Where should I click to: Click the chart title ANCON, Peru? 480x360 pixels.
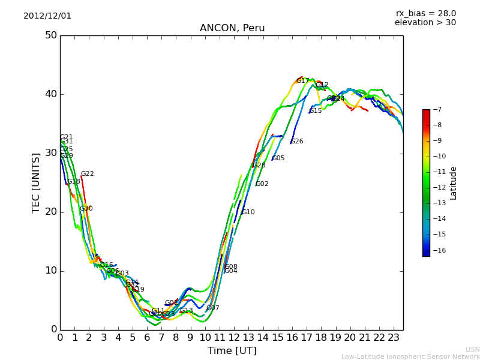point(232,28)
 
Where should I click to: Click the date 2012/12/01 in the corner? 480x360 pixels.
point(47,16)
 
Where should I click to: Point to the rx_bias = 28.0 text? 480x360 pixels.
point(425,13)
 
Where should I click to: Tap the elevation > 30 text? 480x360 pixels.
point(425,23)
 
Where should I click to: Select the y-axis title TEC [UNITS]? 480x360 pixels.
point(36,182)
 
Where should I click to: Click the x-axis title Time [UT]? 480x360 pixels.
point(232,351)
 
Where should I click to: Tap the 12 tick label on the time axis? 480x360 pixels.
point(234,338)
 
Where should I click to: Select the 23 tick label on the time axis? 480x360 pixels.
point(394,338)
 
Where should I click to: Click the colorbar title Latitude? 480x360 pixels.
point(454,183)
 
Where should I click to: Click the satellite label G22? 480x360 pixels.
point(88,174)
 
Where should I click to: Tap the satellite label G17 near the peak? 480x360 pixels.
point(302,81)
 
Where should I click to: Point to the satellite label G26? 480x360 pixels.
point(297,142)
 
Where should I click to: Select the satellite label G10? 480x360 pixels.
point(248,212)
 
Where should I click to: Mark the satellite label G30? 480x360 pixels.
point(86,209)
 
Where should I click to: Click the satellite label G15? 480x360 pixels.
point(316,111)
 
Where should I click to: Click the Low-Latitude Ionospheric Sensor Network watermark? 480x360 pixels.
point(410,356)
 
